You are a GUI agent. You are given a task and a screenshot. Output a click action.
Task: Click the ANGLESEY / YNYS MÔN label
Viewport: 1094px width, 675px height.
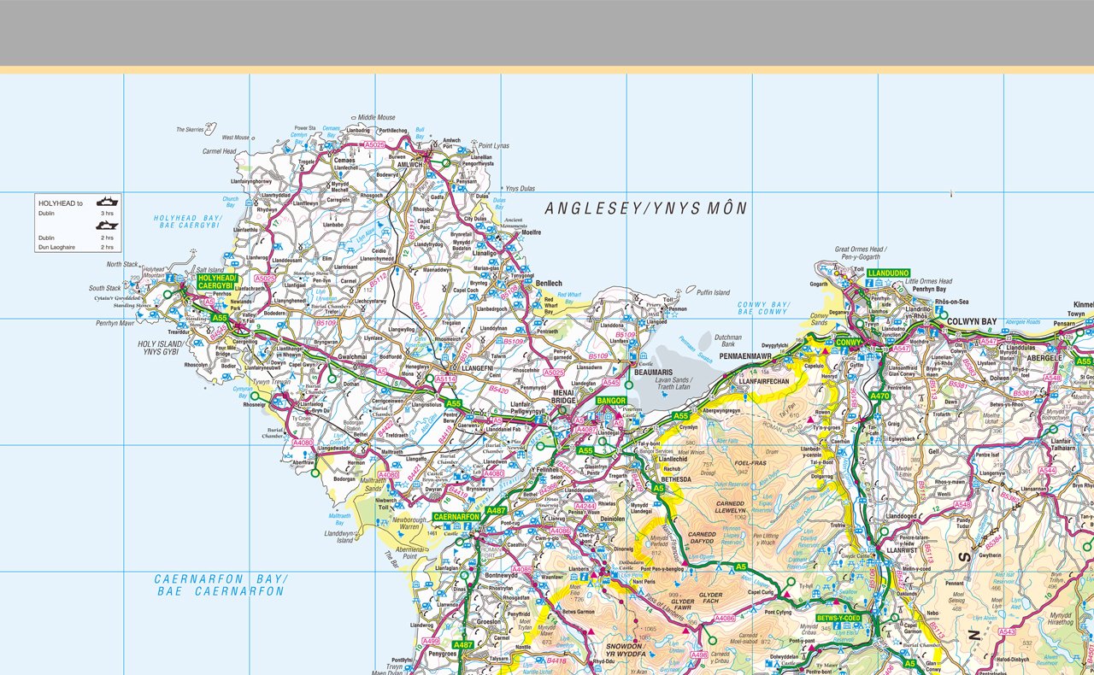pyautogui.click(x=646, y=208)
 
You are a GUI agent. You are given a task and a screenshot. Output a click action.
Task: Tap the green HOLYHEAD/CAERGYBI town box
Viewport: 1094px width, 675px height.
pyautogui.click(x=215, y=282)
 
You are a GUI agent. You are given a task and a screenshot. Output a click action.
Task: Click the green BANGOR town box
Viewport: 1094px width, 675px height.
pyautogui.click(x=612, y=401)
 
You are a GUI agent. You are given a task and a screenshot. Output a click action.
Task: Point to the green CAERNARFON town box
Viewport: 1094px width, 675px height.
pyautogui.click(x=459, y=517)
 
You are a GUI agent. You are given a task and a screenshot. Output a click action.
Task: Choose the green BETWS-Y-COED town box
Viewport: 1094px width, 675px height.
pyautogui.click(x=838, y=618)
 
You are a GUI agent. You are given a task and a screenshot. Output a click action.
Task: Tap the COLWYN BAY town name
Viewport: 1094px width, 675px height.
pyautogui.click(x=972, y=322)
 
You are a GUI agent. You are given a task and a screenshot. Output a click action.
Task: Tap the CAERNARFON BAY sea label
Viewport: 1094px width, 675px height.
pyautogui.click(x=221, y=584)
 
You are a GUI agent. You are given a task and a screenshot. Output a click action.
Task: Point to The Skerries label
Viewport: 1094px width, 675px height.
pyautogui.click(x=190, y=130)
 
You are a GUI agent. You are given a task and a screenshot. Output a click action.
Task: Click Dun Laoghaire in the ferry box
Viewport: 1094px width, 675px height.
pyautogui.click(x=57, y=247)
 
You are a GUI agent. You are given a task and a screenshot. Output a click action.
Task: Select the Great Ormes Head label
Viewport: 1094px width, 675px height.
pyautogui.click(x=870, y=250)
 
